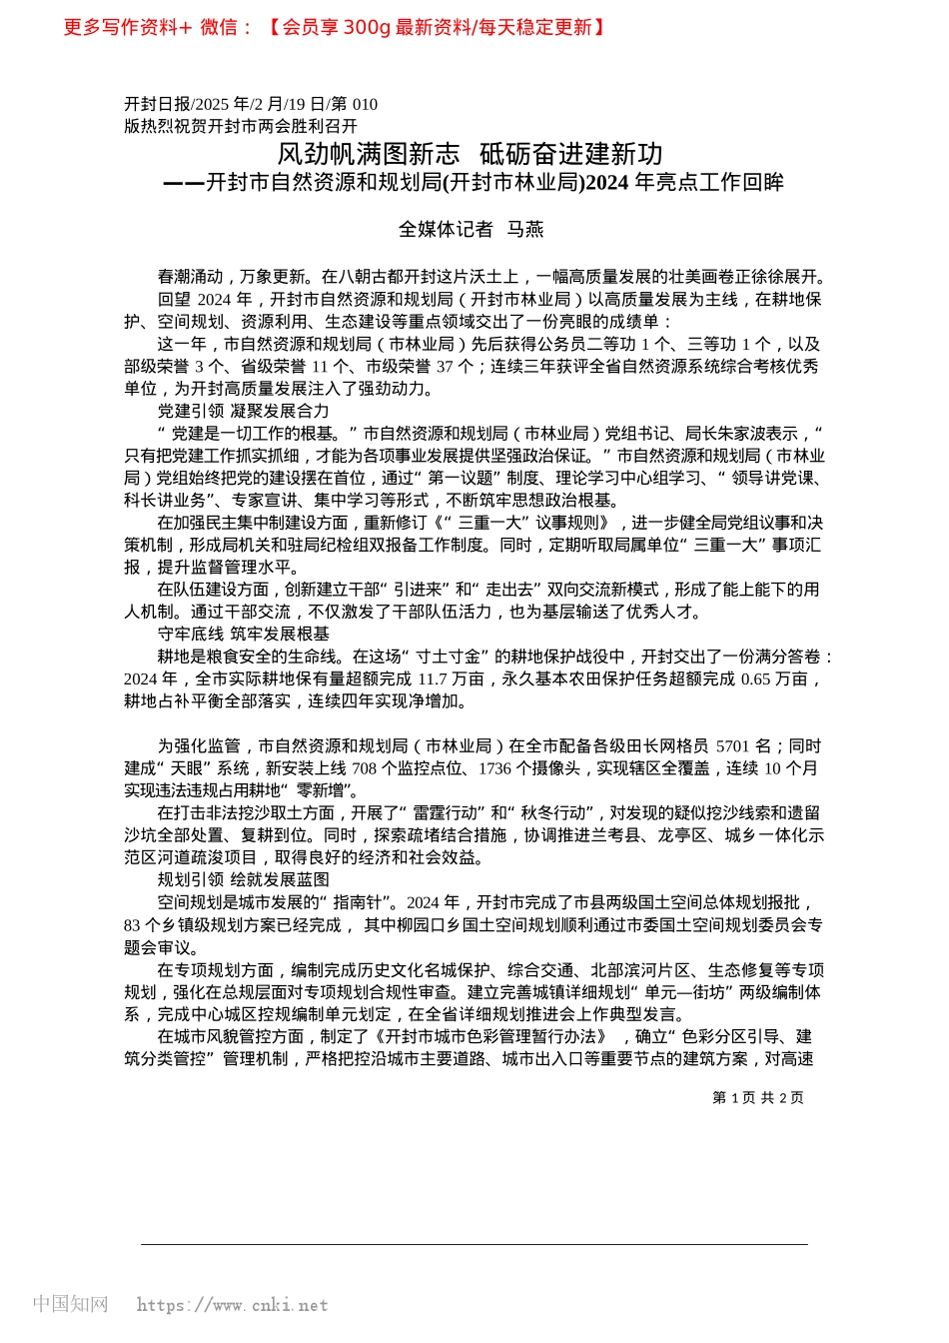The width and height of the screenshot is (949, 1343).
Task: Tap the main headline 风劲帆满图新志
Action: pos(369,154)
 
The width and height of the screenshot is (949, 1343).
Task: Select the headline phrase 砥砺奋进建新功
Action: pos(571,154)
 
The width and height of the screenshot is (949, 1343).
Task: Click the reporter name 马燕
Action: pos(525,230)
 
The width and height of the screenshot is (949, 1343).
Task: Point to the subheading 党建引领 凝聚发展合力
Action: pos(243,411)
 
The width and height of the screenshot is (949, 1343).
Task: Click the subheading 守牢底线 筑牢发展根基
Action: pos(243,634)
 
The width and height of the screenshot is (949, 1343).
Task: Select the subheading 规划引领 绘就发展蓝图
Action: pos(243,879)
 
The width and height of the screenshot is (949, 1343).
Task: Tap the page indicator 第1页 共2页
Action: pos(757,1097)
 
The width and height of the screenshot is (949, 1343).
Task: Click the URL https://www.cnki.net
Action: pos(232,1305)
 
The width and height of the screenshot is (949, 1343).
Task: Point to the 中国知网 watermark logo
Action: pos(70,1304)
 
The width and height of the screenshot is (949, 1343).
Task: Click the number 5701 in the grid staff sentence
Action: pos(732,745)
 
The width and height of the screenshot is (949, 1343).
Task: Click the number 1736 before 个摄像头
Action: pos(494,767)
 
